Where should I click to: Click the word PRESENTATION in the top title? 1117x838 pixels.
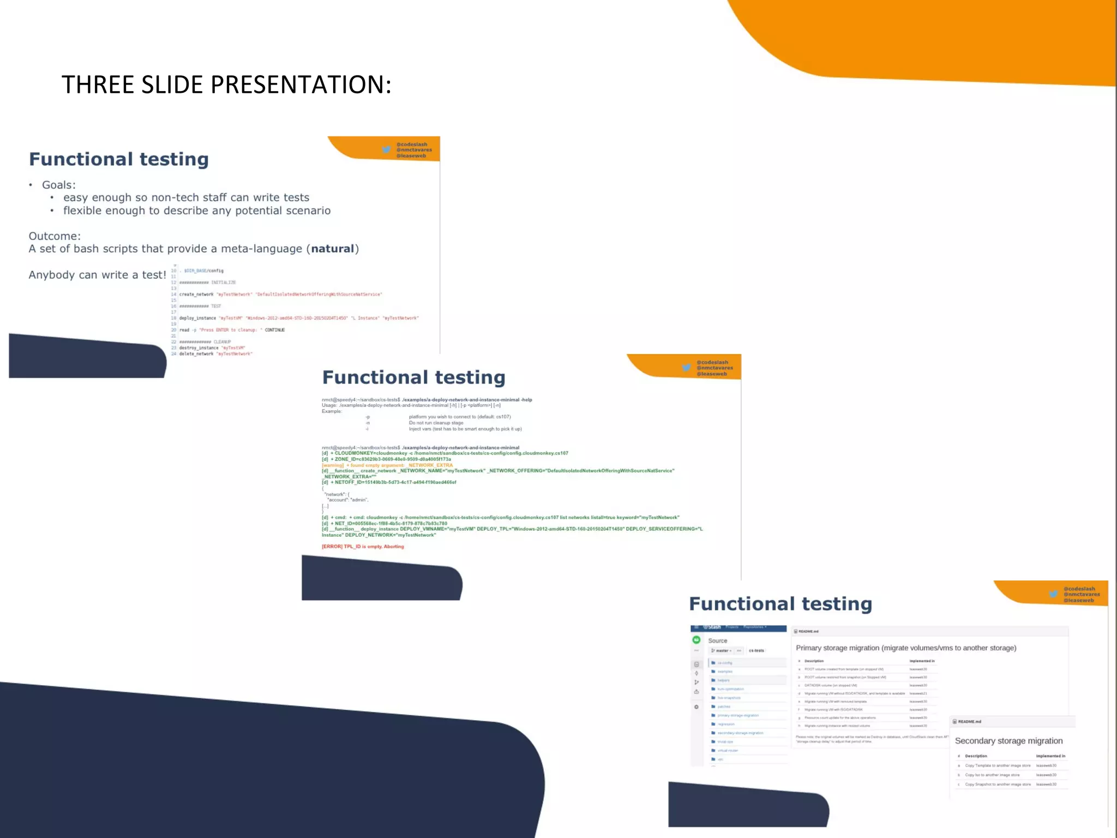301,85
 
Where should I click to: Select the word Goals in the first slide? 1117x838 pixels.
57,185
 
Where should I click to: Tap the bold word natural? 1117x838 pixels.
333,249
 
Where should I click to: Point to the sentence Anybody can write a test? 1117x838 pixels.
97,275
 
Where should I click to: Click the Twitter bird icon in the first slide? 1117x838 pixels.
387,149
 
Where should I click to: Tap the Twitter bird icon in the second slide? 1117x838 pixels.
687,368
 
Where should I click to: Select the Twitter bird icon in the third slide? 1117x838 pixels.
1054,594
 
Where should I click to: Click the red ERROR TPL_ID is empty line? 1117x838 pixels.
363,547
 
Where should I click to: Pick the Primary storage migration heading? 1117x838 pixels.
905,648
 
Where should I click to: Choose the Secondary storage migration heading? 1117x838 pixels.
1008,741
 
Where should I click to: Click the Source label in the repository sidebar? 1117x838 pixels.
718,641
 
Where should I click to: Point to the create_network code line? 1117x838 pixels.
280,295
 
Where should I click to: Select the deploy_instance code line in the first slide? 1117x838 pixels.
299,318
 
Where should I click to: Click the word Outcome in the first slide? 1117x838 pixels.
54,236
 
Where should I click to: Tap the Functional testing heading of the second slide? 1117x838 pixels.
413,378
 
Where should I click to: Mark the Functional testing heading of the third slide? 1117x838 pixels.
780,604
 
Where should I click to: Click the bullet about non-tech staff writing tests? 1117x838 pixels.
186,197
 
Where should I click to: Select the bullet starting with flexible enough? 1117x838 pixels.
196,211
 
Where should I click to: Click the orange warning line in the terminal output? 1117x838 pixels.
387,465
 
